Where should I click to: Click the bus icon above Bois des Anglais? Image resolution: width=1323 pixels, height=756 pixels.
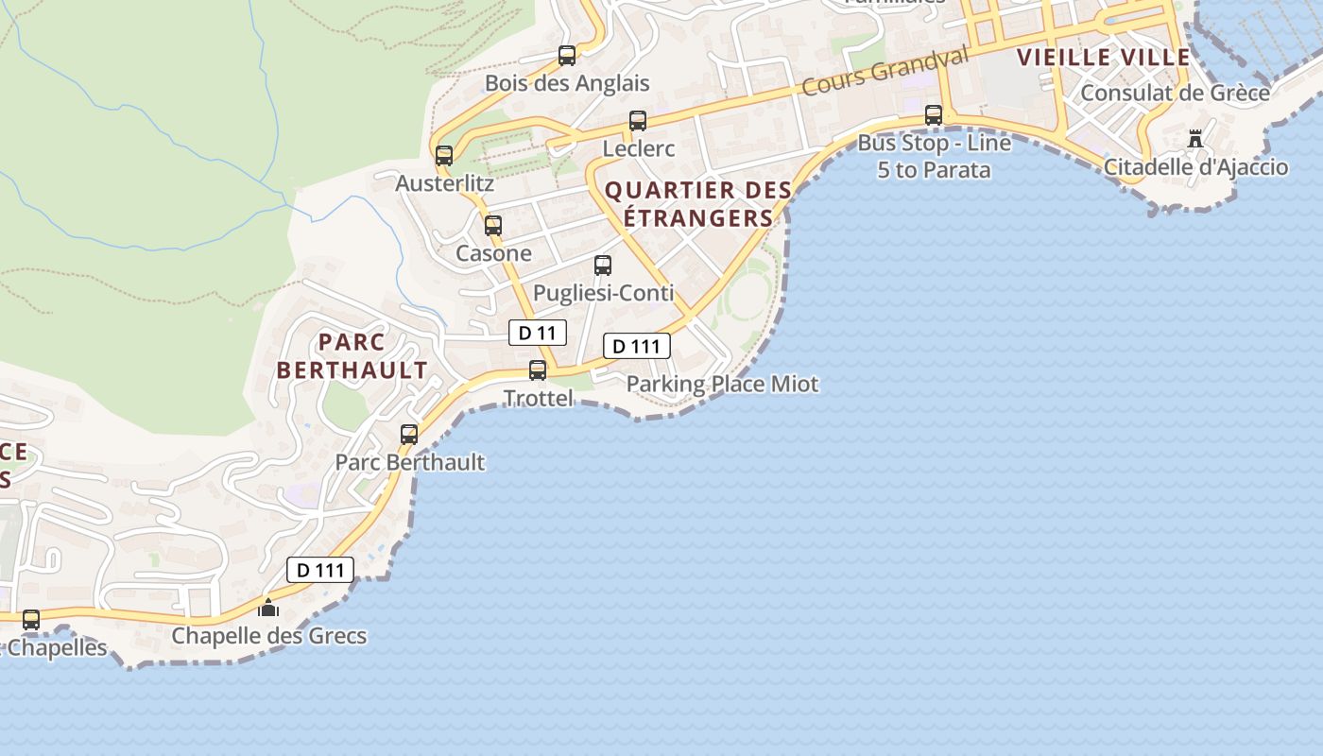pyautogui.click(x=567, y=56)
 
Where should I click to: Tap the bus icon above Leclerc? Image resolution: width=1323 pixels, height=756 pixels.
pyautogui.click(x=638, y=121)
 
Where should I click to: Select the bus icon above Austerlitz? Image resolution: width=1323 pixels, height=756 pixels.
pyautogui.click(x=444, y=156)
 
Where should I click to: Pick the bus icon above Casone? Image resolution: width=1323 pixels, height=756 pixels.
pyautogui.click(x=493, y=226)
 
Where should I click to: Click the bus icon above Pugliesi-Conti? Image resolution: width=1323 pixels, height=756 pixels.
pyautogui.click(x=603, y=266)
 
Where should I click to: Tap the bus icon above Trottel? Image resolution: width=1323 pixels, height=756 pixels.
pyautogui.click(x=538, y=370)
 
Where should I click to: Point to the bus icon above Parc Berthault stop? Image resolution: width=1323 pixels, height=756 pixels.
pyautogui.click(x=409, y=435)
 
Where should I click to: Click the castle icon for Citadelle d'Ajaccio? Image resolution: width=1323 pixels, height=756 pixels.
pyautogui.click(x=1195, y=139)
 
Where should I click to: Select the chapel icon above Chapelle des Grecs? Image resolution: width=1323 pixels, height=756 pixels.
pyautogui.click(x=268, y=608)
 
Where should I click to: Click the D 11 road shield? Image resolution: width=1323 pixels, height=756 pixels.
pyautogui.click(x=538, y=333)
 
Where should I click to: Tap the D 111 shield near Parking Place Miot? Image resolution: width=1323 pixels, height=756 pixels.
pyautogui.click(x=636, y=346)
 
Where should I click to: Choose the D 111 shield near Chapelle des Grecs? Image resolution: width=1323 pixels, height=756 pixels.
pyautogui.click(x=320, y=570)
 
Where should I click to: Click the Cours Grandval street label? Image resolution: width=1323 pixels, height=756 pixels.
pyautogui.click(x=885, y=71)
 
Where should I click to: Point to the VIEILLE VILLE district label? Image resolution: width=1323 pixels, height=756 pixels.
pyautogui.click(x=1103, y=57)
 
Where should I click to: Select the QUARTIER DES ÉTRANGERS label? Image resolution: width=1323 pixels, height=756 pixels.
pyautogui.click(x=698, y=204)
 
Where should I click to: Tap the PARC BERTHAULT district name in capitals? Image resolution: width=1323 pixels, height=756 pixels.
pyautogui.click(x=352, y=355)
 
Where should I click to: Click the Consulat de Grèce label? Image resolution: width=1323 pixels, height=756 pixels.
pyautogui.click(x=1175, y=93)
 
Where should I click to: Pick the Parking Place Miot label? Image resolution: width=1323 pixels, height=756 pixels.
pyautogui.click(x=722, y=384)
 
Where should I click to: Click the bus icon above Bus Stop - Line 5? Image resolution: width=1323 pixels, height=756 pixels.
pyautogui.click(x=934, y=115)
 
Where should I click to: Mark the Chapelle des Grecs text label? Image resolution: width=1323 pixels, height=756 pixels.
pyautogui.click(x=268, y=635)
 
